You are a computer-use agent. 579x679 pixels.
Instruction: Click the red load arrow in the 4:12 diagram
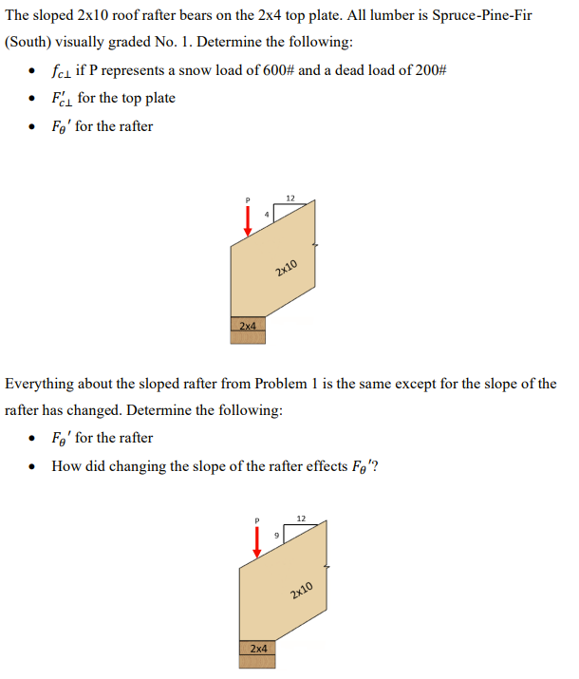(x=248, y=219)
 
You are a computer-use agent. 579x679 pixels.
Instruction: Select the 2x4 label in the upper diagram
(x=248, y=326)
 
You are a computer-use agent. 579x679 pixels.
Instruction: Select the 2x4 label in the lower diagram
(x=257, y=648)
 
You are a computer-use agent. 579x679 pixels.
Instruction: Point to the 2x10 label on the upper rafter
(x=287, y=268)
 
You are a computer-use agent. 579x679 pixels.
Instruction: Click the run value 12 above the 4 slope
(x=290, y=198)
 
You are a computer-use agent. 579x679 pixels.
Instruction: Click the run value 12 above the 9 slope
(x=301, y=519)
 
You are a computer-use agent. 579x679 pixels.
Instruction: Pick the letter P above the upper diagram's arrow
(x=248, y=199)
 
